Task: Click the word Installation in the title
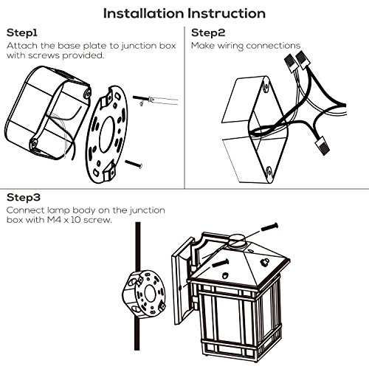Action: point(144,13)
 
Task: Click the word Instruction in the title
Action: point(227,13)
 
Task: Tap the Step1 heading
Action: point(22,33)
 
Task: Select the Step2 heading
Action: point(208,33)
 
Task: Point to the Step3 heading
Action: point(24,198)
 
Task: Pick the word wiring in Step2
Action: point(230,46)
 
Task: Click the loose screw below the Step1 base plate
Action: point(134,164)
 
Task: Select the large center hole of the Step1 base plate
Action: point(107,134)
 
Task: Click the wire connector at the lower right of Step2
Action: point(323,146)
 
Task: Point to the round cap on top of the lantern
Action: point(237,239)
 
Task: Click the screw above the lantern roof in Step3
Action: point(269,227)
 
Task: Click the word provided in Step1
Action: point(83,55)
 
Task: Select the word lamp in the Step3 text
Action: point(59,210)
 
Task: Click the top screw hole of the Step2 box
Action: point(266,86)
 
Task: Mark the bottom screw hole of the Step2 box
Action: point(269,172)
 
